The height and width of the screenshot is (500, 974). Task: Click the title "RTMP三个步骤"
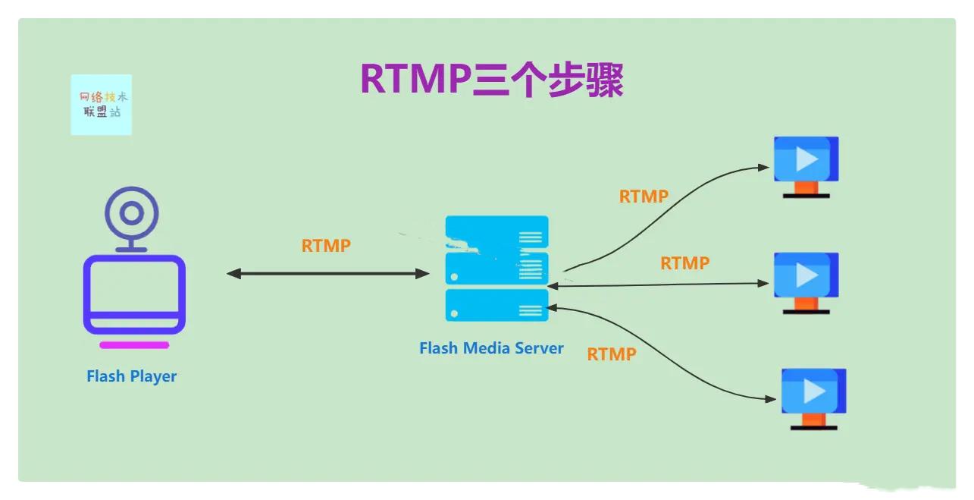[x=491, y=80]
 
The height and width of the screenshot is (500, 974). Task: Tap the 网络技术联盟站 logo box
[x=101, y=105]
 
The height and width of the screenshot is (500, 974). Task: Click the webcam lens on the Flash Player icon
[x=132, y=213]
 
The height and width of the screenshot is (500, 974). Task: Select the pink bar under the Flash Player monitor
[x=134, y=345]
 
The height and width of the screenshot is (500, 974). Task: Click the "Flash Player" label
[x=131, y=376]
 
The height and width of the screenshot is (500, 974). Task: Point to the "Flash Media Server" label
[x=491, y=348]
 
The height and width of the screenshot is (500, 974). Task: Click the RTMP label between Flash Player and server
[x=326, y=246]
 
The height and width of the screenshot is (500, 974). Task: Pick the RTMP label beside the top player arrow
[x=644, y=197]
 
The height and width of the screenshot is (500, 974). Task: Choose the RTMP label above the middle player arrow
[x=684, y=263]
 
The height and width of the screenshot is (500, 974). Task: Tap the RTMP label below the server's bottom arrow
[x=611, y=354]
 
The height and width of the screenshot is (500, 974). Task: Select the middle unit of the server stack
[x=496, y=268]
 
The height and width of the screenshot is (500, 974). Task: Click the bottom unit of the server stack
[x=496, y=304]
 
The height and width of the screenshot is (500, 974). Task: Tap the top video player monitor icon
[x=806, y=159]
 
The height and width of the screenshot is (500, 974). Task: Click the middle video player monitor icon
[x=806, y=275]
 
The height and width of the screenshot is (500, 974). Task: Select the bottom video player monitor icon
[x=813, y=391]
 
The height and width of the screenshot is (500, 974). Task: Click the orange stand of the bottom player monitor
[x=813, y=419]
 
